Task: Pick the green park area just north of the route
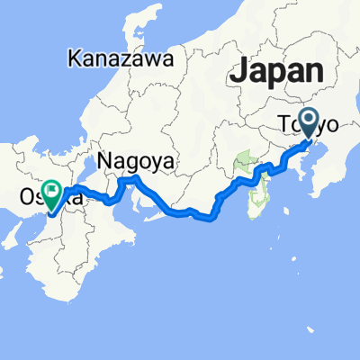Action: (x=243, y=164)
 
